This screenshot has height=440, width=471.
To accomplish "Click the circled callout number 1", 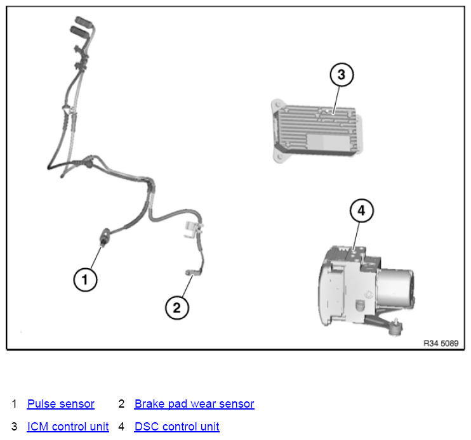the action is pos(85,280).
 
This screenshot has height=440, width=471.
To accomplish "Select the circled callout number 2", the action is pos(177,307).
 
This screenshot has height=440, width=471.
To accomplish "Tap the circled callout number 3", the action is pos(342,75).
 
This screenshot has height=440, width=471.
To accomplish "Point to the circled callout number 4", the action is pos(362,210).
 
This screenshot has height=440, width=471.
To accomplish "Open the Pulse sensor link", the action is pos(61,404).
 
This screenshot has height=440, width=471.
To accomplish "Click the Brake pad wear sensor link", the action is pos(194,404).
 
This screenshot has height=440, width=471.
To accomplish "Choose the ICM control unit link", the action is pos(68,427).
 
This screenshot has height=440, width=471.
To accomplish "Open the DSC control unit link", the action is pos(177,427).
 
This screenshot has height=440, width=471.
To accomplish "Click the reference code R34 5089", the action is pos(441,343).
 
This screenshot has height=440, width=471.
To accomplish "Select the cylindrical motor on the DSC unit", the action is pos(395,287).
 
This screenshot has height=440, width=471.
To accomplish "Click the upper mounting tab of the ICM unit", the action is pos(277,105).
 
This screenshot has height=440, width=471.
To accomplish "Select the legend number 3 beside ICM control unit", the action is pos(14,427).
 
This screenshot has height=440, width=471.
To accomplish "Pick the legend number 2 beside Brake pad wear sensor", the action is pos(121,404).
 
